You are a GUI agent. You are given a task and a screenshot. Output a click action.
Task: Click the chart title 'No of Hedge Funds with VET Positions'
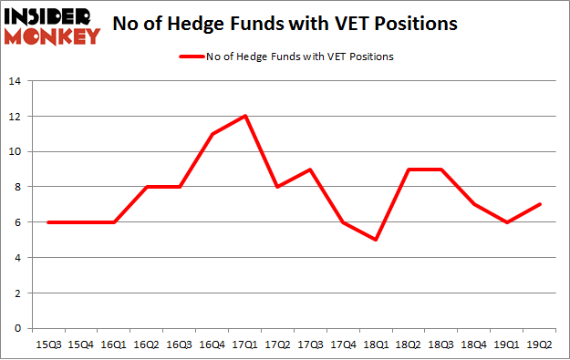click(331, 26)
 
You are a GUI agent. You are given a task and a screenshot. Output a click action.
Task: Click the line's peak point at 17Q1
click(245, 116)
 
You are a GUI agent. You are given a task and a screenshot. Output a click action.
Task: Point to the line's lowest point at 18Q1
click(377, 240)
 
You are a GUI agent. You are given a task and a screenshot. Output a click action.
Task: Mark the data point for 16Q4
click(212, 134)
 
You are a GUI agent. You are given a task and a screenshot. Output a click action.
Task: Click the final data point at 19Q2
click(542, 204)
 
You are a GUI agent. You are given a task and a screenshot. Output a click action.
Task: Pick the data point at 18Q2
click(409, 169)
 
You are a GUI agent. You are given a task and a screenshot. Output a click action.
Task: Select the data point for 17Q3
click(311, 169)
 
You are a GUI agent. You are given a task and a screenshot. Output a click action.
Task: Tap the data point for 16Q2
click(147, 187)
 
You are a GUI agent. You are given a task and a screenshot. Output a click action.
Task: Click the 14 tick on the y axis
click(15, 81)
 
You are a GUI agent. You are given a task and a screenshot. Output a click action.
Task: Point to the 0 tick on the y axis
click(17, 329)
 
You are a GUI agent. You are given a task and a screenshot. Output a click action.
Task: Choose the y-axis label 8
click(17, 187)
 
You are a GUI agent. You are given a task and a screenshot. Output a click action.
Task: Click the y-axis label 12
click(15, 117)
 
